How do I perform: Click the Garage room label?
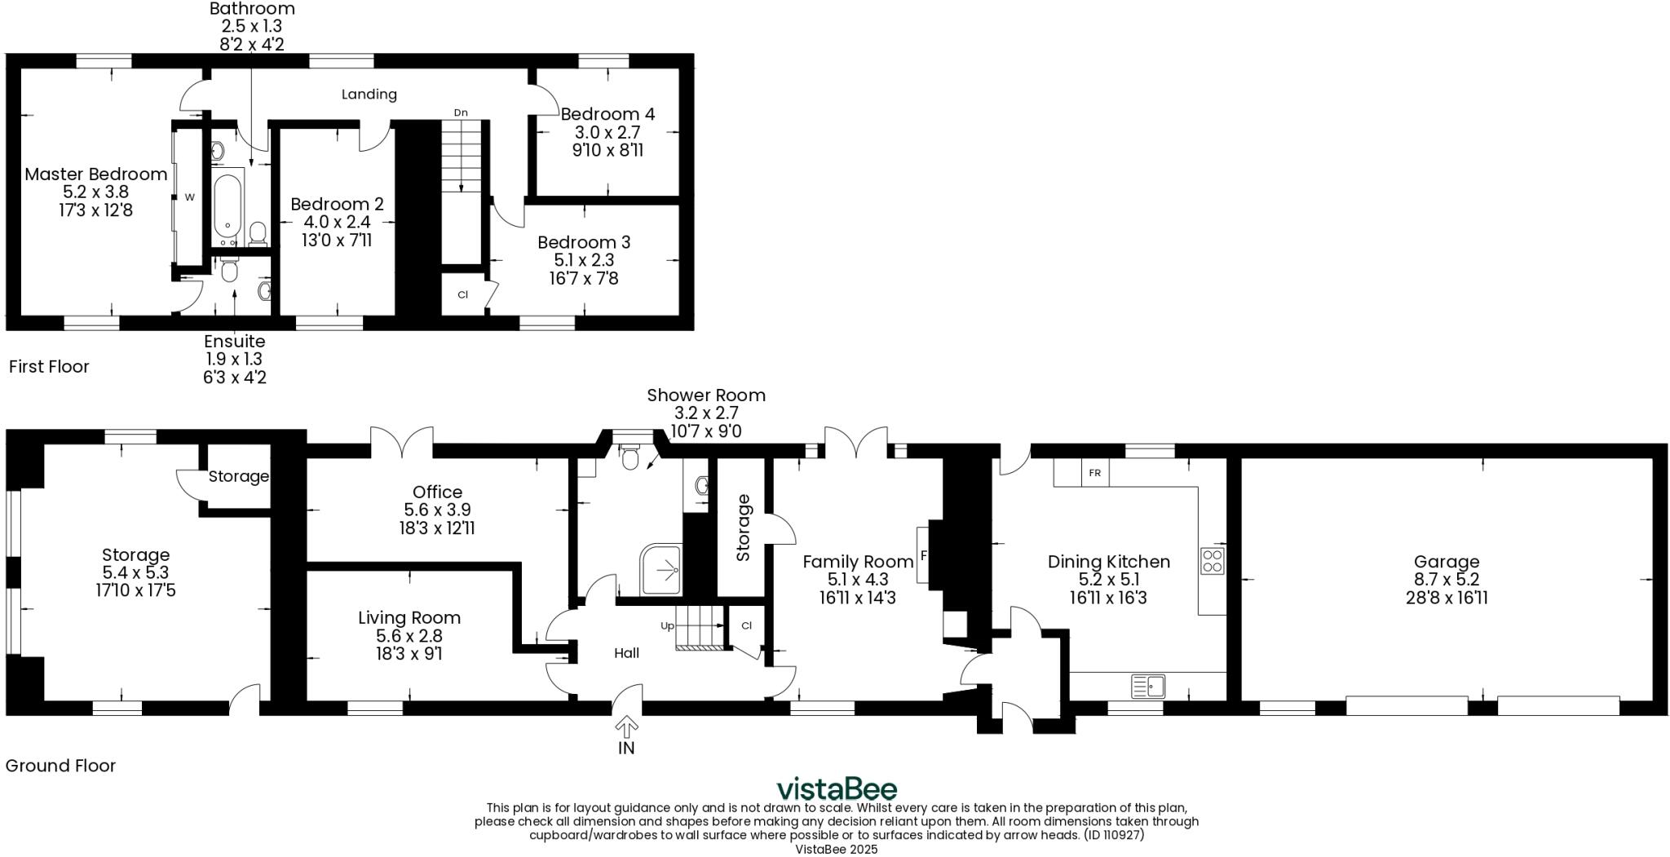click(x=1446, y=561)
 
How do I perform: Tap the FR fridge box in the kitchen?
click(x=1094, y=473)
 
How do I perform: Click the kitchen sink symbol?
click(x=1148, y=686)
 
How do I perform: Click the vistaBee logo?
click(x=836, y=789)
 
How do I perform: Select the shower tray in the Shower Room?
click(x=660, y=568)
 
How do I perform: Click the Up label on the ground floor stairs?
click(x=667, y=626)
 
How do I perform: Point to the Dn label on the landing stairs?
click(x=461, y=113)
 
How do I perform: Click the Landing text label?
click(x=369, y=94)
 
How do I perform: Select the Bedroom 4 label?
click(x=607, y=113)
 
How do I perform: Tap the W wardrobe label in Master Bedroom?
click(x=189, y=197)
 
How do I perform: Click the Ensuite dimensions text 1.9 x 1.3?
click(x=234, y=359)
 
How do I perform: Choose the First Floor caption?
click(x=49, y=366)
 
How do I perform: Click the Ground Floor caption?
click(x=60, y=766)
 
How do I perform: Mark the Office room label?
click(x=437, y=492)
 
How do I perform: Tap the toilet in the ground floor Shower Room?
click(x=630, y=458)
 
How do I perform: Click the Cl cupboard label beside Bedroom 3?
click(x=462, y=294)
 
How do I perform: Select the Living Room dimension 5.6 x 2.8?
click(x=409, y=636)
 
